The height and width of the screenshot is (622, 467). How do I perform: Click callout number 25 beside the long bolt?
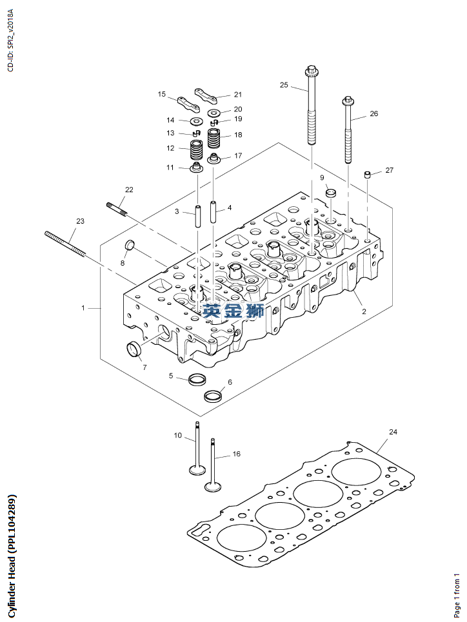coord(284,84)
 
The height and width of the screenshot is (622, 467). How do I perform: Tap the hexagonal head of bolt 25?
coord(311,70)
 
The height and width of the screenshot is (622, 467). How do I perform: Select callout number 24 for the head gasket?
coord(393,431)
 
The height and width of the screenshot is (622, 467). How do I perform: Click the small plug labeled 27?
coord(367,175)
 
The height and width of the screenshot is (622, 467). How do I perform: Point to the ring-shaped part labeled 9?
coord(330,192)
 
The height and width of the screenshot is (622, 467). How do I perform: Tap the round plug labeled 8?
coord(129,246)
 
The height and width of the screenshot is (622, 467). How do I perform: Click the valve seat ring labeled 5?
coord(197,378)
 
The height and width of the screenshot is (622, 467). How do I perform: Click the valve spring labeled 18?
coord(214,138)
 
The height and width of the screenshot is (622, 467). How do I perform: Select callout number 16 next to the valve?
coord(236,454)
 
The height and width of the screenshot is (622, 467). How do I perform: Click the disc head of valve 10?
coord(197,468)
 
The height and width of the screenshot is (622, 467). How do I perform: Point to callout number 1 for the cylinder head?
coord(83,308)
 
